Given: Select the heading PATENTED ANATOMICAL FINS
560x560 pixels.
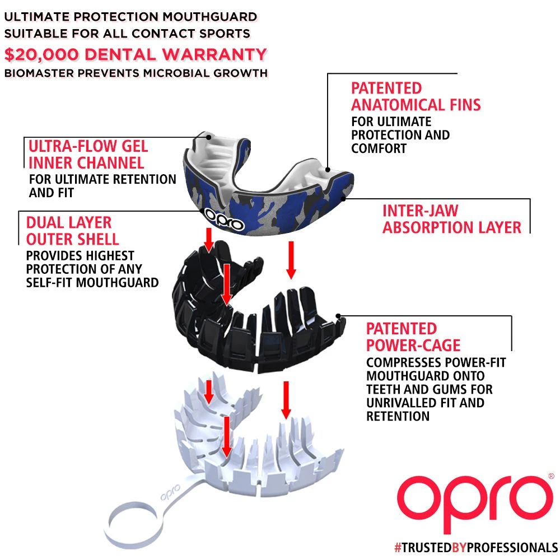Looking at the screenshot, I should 416,96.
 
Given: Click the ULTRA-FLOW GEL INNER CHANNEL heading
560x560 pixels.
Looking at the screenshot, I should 88,155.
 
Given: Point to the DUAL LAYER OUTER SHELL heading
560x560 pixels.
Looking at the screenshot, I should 72,231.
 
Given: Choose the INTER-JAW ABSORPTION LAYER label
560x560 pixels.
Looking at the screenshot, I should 451,219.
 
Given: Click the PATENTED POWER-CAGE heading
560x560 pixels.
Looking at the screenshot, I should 413,337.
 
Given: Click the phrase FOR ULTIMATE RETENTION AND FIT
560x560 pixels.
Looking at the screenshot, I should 102,186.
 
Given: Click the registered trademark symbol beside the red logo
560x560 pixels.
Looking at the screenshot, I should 551,475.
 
